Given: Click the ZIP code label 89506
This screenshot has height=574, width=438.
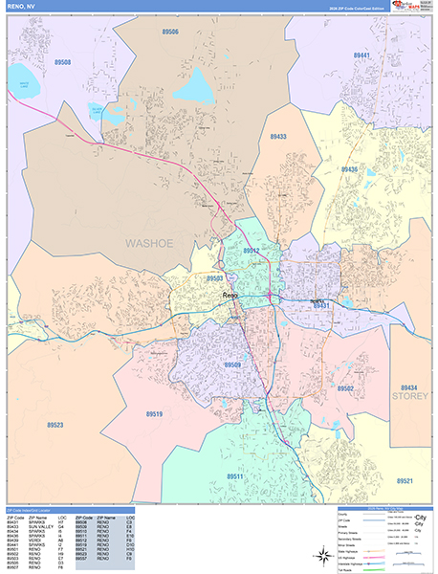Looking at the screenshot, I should tap(170, 32).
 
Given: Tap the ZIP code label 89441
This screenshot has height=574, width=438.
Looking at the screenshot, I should tap(362, 56).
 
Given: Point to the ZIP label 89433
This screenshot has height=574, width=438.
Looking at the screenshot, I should tap(278, 137).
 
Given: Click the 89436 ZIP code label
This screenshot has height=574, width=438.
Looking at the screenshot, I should tap(349, 169).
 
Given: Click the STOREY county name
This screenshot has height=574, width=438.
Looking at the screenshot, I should tap(410, 393).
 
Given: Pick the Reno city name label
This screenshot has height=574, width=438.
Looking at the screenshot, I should tap(230, 297).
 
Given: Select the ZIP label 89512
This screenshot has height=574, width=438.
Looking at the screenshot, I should tap(251, 251).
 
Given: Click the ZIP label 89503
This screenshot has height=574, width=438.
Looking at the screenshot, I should tap(215, 278).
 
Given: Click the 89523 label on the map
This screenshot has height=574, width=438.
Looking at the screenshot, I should tap(55, 425).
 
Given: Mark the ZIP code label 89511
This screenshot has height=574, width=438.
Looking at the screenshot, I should tap(235, 475).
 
